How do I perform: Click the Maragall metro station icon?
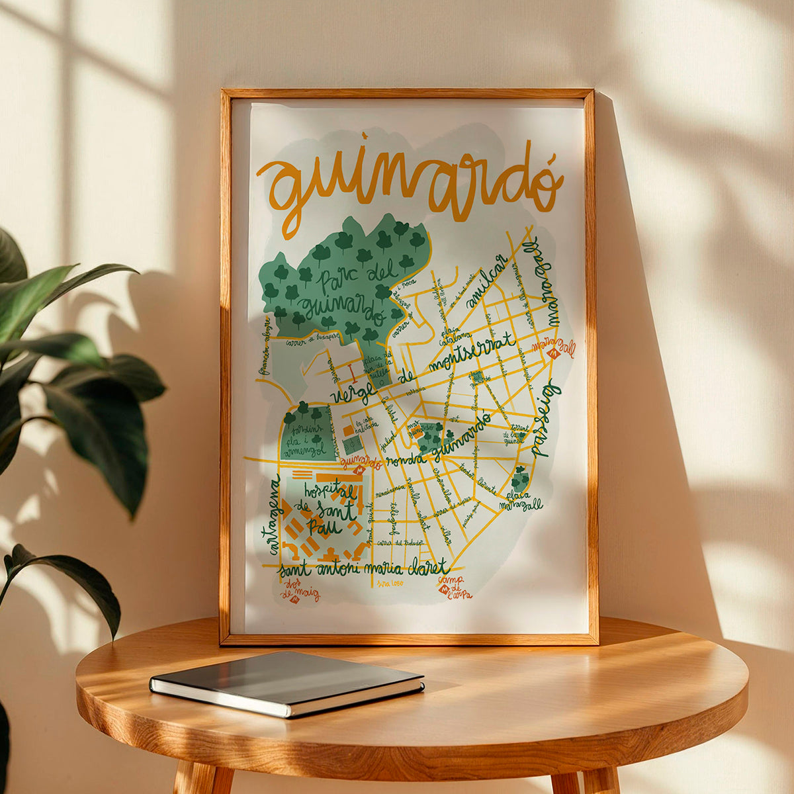coord(554,355)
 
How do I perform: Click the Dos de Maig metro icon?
coord(294,599)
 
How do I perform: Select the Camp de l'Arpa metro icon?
coord(443,589)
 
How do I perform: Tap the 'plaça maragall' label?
coord(523,500)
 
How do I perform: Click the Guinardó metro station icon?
coord(359,470)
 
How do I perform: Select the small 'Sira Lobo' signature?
coord(390,583)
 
